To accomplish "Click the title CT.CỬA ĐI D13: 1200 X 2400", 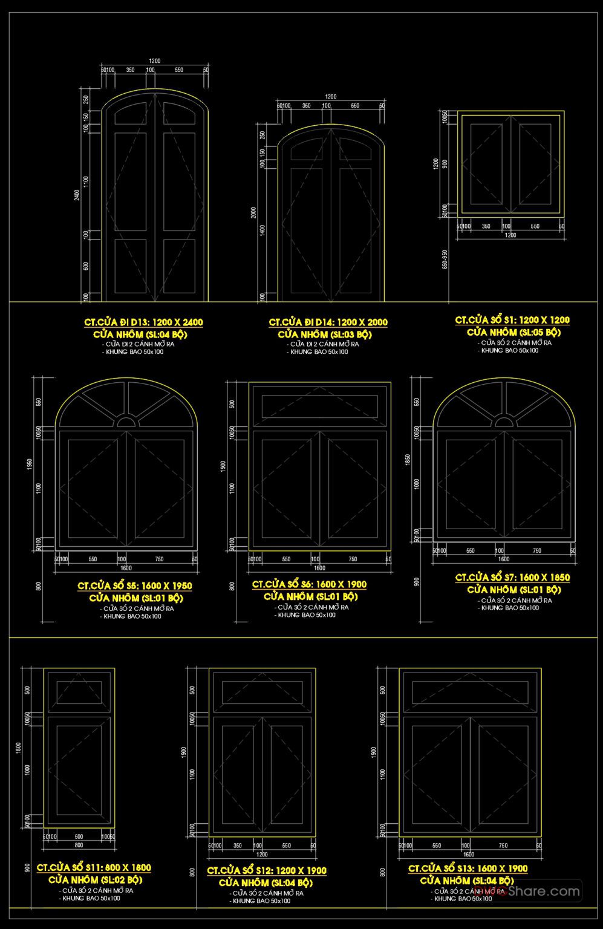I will coord(143,322).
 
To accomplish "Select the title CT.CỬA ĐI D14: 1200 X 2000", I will coord(328,322).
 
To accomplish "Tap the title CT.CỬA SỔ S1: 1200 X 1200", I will coord(512,320).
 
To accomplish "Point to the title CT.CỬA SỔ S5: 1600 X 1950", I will coord(135,585).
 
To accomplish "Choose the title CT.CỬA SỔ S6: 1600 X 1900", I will coord(309,584).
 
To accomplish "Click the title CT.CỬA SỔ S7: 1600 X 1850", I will coord(512,578).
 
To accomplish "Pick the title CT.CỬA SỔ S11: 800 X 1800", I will coord(94,867).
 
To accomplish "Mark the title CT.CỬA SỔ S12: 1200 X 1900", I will coord(267,870).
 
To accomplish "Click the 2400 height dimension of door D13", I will coord(77,196).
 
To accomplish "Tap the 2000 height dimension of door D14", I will coord(254,213).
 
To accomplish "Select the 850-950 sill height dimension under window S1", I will coord(445,259).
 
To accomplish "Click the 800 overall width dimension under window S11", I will coord(79,845).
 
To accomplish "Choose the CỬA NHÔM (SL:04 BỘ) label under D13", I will coord(140,334).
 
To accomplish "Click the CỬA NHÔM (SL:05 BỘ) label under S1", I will coord(513,332).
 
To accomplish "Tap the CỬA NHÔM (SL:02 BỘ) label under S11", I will coord(95,879).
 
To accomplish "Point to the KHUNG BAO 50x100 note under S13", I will coord(463,898).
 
